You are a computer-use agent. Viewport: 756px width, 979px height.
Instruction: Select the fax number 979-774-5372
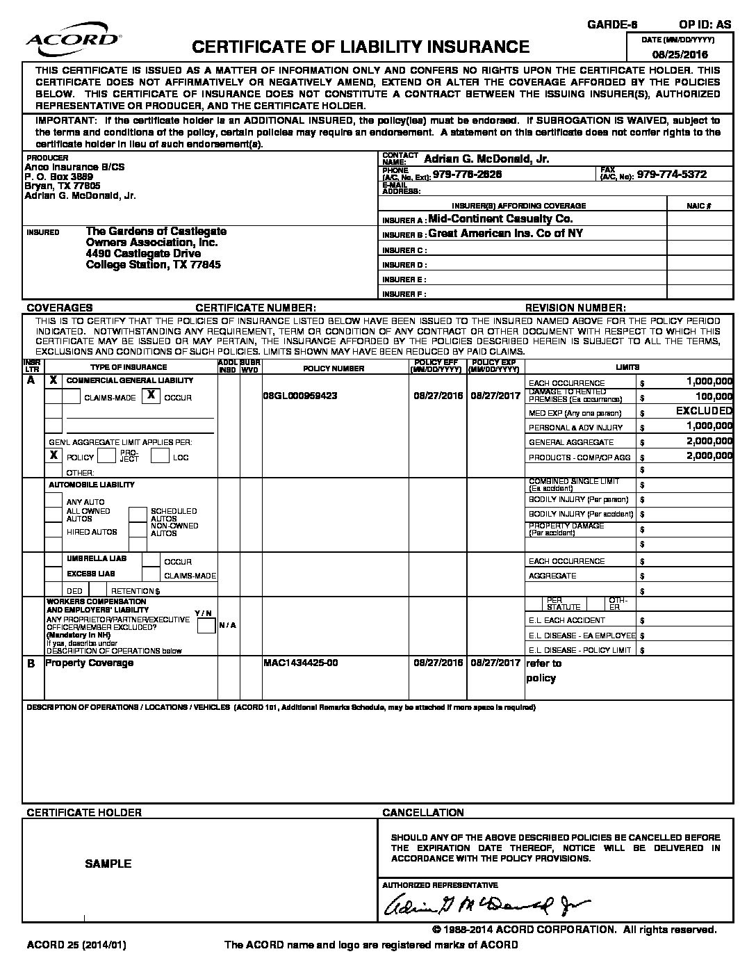[x=671, y=175]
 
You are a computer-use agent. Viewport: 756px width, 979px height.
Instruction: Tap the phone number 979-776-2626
[x=467, y=175]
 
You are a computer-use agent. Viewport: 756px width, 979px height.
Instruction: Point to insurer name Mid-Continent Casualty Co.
[x=500, y=219]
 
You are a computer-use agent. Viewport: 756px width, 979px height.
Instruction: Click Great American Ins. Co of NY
[x=505, y=234]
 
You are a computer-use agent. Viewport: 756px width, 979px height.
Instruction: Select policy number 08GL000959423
[x=300, y=395]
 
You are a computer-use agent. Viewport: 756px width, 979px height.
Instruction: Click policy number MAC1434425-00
[x=301, y=663]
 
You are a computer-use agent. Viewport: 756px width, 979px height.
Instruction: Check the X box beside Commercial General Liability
[x=54, y=380]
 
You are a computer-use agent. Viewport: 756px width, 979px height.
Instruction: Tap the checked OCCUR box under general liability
[x=151, y=396]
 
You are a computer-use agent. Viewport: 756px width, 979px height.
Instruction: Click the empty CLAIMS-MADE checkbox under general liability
[x=72, y=396]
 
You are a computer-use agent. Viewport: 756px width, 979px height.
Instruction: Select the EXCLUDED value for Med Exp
[x=704, y=412]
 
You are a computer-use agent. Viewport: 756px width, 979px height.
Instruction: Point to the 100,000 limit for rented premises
[x=713, y=396]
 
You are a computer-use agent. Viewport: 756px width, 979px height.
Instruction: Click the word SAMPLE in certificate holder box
[x=108, y=864]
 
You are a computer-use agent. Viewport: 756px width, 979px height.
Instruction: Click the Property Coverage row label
[x=89, y=663]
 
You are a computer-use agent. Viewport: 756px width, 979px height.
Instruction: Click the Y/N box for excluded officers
[x=206, y=626]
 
